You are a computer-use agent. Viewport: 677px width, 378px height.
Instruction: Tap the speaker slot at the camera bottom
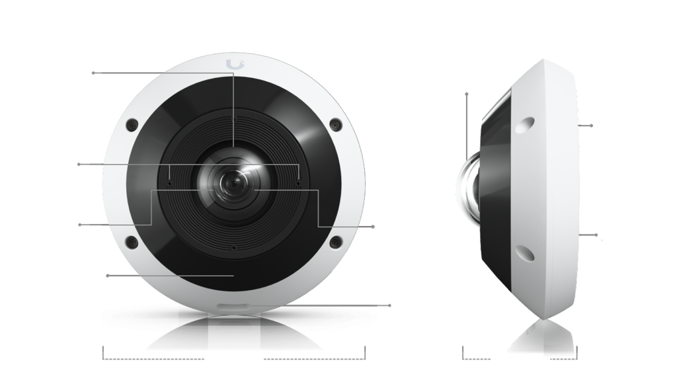pos(233,306)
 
